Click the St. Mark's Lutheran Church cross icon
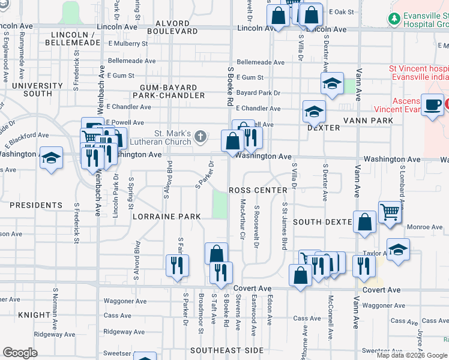201,137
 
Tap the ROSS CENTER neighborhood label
258,190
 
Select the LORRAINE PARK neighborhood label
166,216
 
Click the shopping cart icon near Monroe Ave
390,212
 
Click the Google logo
20,352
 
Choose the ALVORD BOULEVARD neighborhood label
172,26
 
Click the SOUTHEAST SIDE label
227,350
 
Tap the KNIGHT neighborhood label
34,314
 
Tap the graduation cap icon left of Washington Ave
51,158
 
